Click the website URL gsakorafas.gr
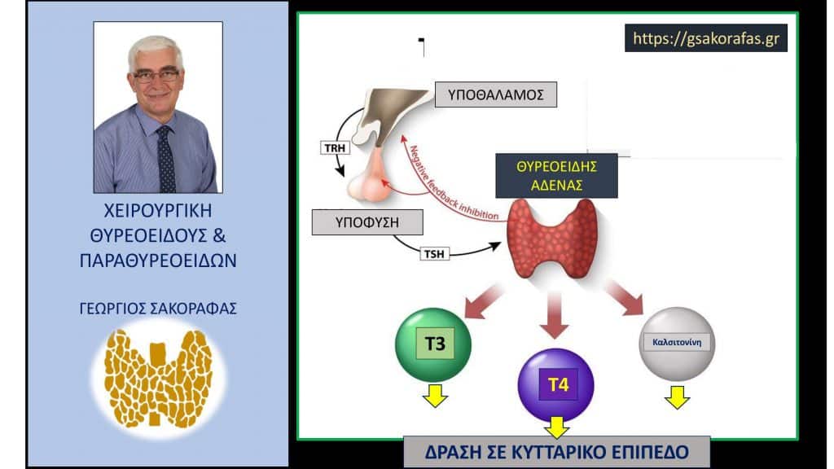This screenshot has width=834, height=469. pyautogui.click(x=706, y=38)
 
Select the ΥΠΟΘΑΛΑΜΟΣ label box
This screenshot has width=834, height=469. pyautogui.click(x=496, y=94)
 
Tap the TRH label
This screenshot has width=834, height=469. pyautogui.click(x=335, y=148)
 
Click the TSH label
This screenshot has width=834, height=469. pyautogui.click(x=434, y=254)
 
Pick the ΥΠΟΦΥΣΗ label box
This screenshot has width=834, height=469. pyautogui.click(x=367, y=222)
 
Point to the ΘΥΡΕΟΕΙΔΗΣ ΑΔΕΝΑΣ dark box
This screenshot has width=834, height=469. pyautogui.click(x=556, y=176)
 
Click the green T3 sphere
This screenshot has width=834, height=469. pyautogui.click(x=433, y=344)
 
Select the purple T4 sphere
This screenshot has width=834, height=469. pyautogui.click(x=555, y=385)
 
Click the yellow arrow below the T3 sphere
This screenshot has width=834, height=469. pyautogui.click(x=435, y=395)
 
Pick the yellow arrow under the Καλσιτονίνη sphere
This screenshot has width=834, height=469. pyautogui.click(x=677, y=397)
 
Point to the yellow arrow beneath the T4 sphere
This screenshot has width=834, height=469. pyautogui.click(x=556, y=427)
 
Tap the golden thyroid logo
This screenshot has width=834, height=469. pyautogui.click(x=158, y=378)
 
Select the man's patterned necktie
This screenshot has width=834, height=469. pyautogui.click(x=166, y=159)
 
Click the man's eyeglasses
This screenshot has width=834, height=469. pyautogui.click(x=156, y=76)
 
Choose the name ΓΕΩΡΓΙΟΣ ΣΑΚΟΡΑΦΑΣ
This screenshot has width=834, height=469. pyautogui.click(x=158, y=309)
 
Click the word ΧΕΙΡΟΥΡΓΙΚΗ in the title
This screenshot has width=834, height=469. pyautogui.click(x=158, y=211)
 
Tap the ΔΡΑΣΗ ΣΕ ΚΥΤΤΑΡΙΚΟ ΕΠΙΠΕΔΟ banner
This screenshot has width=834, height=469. pyautogui.click(x=556, y=452)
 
